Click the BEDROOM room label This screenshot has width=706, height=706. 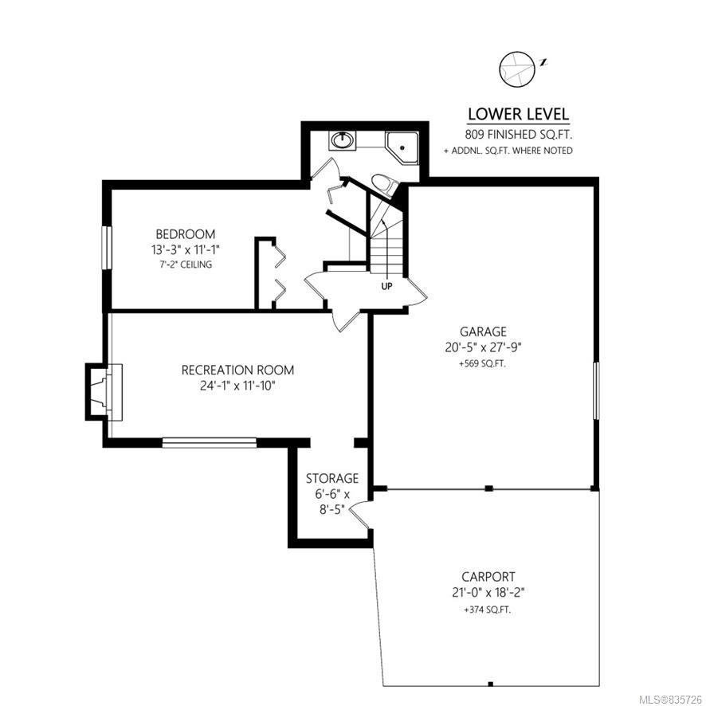click(186, 234)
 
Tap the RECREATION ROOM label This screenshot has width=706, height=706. click(237, 370)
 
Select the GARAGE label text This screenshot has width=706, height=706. click(483, 331)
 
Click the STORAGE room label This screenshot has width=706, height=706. click(332, 478)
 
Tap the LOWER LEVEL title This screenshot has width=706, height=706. click(518, 115)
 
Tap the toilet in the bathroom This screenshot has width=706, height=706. click(385, 185)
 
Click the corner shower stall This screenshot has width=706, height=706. click(402, 147)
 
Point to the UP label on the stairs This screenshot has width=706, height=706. click(386, 286)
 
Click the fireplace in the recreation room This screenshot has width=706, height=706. click(104, 392)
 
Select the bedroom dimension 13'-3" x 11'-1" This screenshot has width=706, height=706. click(186, 249)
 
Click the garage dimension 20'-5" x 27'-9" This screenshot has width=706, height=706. click(483, 347)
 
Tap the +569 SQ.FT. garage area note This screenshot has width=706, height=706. click(483, 364)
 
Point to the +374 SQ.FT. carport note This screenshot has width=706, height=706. click(488, 610)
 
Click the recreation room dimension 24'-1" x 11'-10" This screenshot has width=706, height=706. click(237, 386)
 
